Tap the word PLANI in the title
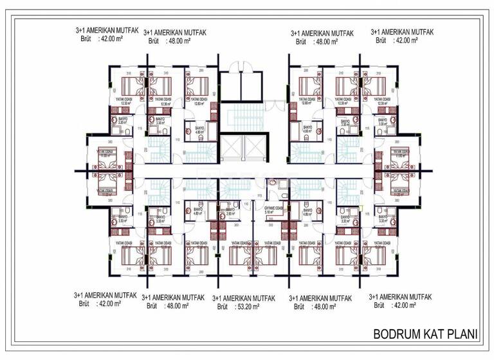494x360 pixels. coord(462,334)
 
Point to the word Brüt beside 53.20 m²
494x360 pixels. coord(222,307)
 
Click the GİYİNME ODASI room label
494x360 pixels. coord(274,207)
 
